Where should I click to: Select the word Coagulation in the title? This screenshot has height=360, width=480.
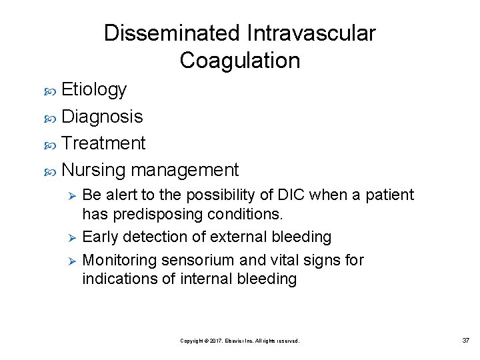click(x=240, y=61)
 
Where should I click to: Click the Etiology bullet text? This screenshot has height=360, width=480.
click(x=93, y=89)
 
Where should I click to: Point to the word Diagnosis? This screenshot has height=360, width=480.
click(x=102, y=117)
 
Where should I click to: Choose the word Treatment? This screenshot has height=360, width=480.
click(x=103, y=143)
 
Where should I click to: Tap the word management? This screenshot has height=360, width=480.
click(x=185, y=170)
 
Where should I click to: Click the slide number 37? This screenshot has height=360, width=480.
click(x=465, y=340)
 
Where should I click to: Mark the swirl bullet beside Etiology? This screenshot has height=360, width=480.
click(x=51, y=90)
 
